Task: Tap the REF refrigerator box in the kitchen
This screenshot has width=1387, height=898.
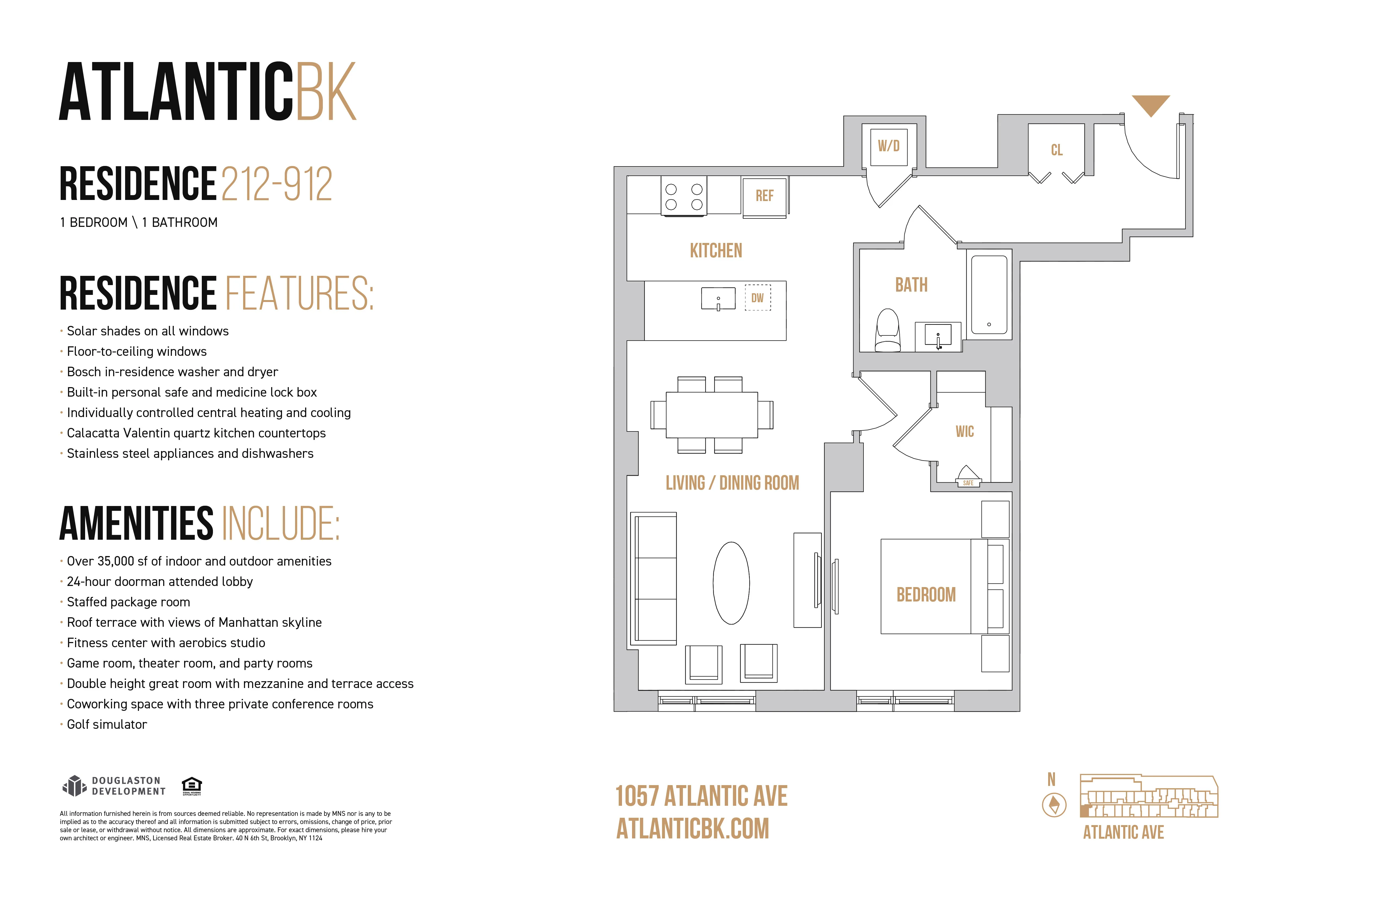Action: (764, 196)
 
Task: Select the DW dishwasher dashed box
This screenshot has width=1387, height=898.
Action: (757, 298)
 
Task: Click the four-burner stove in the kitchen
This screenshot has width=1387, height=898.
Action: (684, 196)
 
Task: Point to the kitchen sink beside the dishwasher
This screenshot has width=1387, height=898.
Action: (718, 298)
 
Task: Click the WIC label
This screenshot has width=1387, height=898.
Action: (964, 431)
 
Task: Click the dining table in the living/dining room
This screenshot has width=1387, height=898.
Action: (711, 415)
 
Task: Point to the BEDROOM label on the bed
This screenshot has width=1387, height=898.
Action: (925, 595)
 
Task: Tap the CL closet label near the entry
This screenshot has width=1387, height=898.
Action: (1056, 150)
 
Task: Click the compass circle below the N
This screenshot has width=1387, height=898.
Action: (1054, 805)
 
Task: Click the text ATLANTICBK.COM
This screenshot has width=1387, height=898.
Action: (692, 829)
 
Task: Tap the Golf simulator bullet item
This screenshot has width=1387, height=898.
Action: (107, 724)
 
